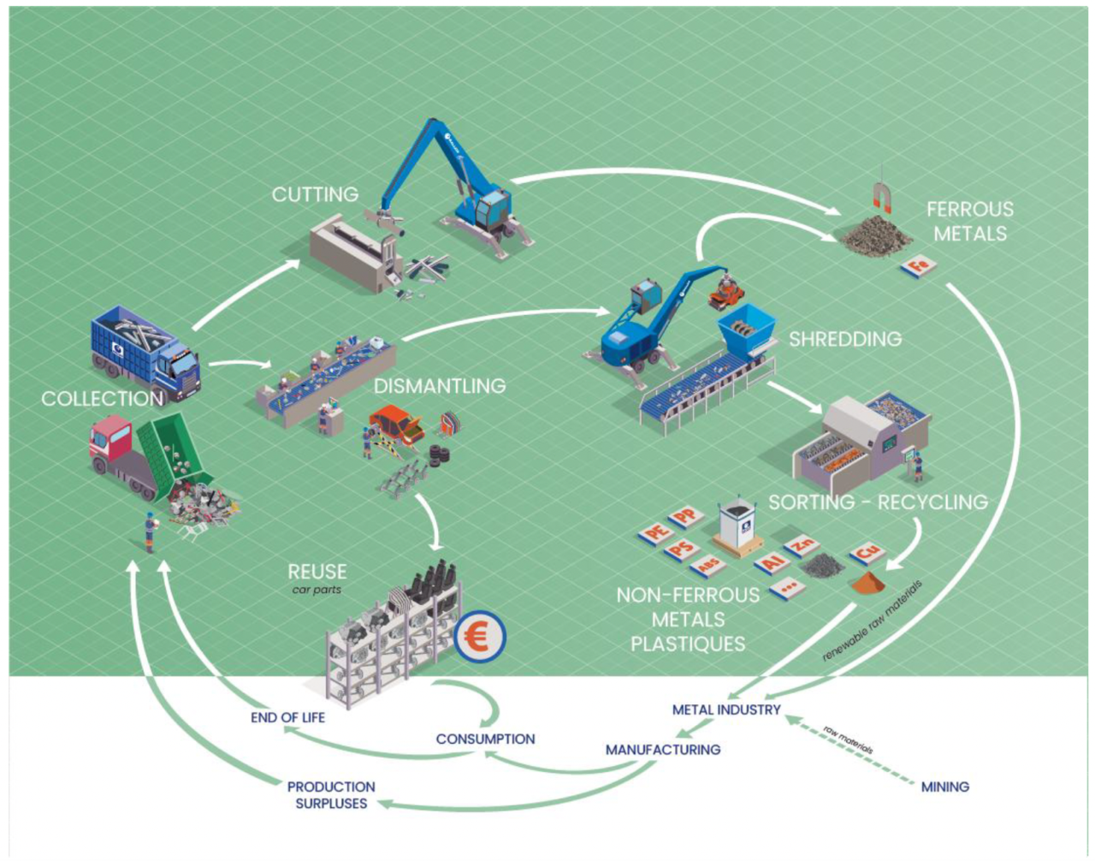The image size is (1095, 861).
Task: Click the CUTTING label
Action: pos(315,195)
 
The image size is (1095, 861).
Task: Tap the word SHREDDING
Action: pos(844,339)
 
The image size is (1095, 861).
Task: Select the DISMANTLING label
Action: pos(439,386)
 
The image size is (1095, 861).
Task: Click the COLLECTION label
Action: pos(102,399)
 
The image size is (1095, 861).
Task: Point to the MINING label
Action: pos(944,787)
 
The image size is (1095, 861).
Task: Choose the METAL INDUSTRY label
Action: pos(726,710)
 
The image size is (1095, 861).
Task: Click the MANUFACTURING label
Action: pos(663,750)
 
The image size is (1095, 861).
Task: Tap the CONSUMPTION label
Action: pos(485,739)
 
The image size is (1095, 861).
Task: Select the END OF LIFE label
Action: pos(287,717)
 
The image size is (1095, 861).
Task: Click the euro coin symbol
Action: pos(479,638)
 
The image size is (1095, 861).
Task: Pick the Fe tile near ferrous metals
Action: pos(919,266)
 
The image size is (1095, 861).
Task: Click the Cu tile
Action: pos(867,552)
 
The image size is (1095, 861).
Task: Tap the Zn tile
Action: pos(802,544)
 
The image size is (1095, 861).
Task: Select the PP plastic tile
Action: pos(685,518)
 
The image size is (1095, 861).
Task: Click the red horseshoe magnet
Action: pos(882,199)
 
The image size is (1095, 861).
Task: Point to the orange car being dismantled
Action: pos(397,424)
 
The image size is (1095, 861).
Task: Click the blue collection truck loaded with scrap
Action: pos(144,352)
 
